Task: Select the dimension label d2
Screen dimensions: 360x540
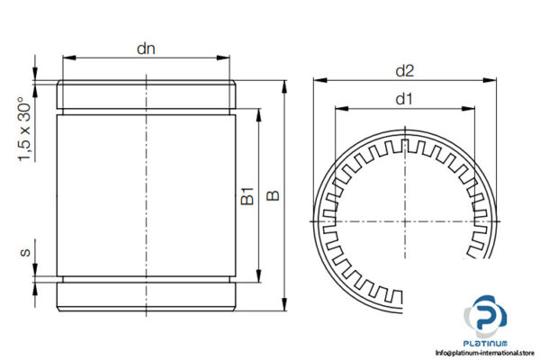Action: (405, 70)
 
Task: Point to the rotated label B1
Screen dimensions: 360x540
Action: (248, 196)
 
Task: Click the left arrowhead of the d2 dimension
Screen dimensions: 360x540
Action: (317, 81)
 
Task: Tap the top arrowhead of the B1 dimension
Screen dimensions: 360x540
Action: (259, 115)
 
